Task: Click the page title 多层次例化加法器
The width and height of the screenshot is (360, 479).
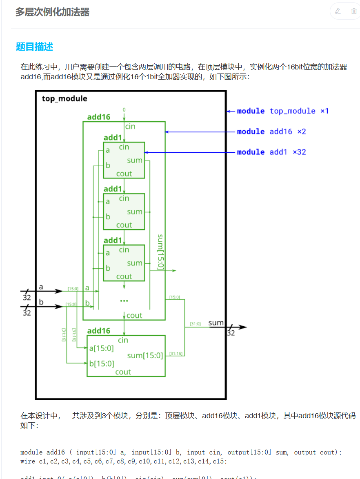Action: (x=52, y=12)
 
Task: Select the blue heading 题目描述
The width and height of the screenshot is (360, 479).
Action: (x=34, y=47)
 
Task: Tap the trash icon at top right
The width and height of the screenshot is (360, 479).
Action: (x=353, y=11)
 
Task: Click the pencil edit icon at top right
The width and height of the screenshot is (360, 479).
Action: (x=338, y=11)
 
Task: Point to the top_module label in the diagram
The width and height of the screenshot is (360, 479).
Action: (x=64, y=99)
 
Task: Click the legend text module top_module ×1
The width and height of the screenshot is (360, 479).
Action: (x=282, y=111)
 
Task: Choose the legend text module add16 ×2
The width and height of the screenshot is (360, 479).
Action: (x=271, y=131)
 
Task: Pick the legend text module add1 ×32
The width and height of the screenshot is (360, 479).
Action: (x=271, y=152)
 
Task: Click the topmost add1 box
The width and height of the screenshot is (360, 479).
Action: (x=124, y=160)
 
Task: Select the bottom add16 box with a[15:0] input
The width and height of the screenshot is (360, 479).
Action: (x=126, y=356)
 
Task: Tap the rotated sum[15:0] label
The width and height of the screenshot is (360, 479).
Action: (x=161, y=252)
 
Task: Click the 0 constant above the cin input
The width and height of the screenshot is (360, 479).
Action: (x=124, y=110)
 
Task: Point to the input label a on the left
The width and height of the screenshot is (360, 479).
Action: (x=41, y=287)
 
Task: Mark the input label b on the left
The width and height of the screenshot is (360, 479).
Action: (x=41, y=301)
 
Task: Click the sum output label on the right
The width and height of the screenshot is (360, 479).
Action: (x=216, y=323)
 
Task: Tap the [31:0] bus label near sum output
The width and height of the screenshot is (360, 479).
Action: (x=195, y=324)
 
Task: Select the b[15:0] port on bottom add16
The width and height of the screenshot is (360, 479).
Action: (x=102, y=363)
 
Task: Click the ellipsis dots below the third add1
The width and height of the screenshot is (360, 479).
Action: (x=124, y=301)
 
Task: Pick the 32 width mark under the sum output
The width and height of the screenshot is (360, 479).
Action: (x=231, y=333)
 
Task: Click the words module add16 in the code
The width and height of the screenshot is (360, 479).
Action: (x=38, y=452)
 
